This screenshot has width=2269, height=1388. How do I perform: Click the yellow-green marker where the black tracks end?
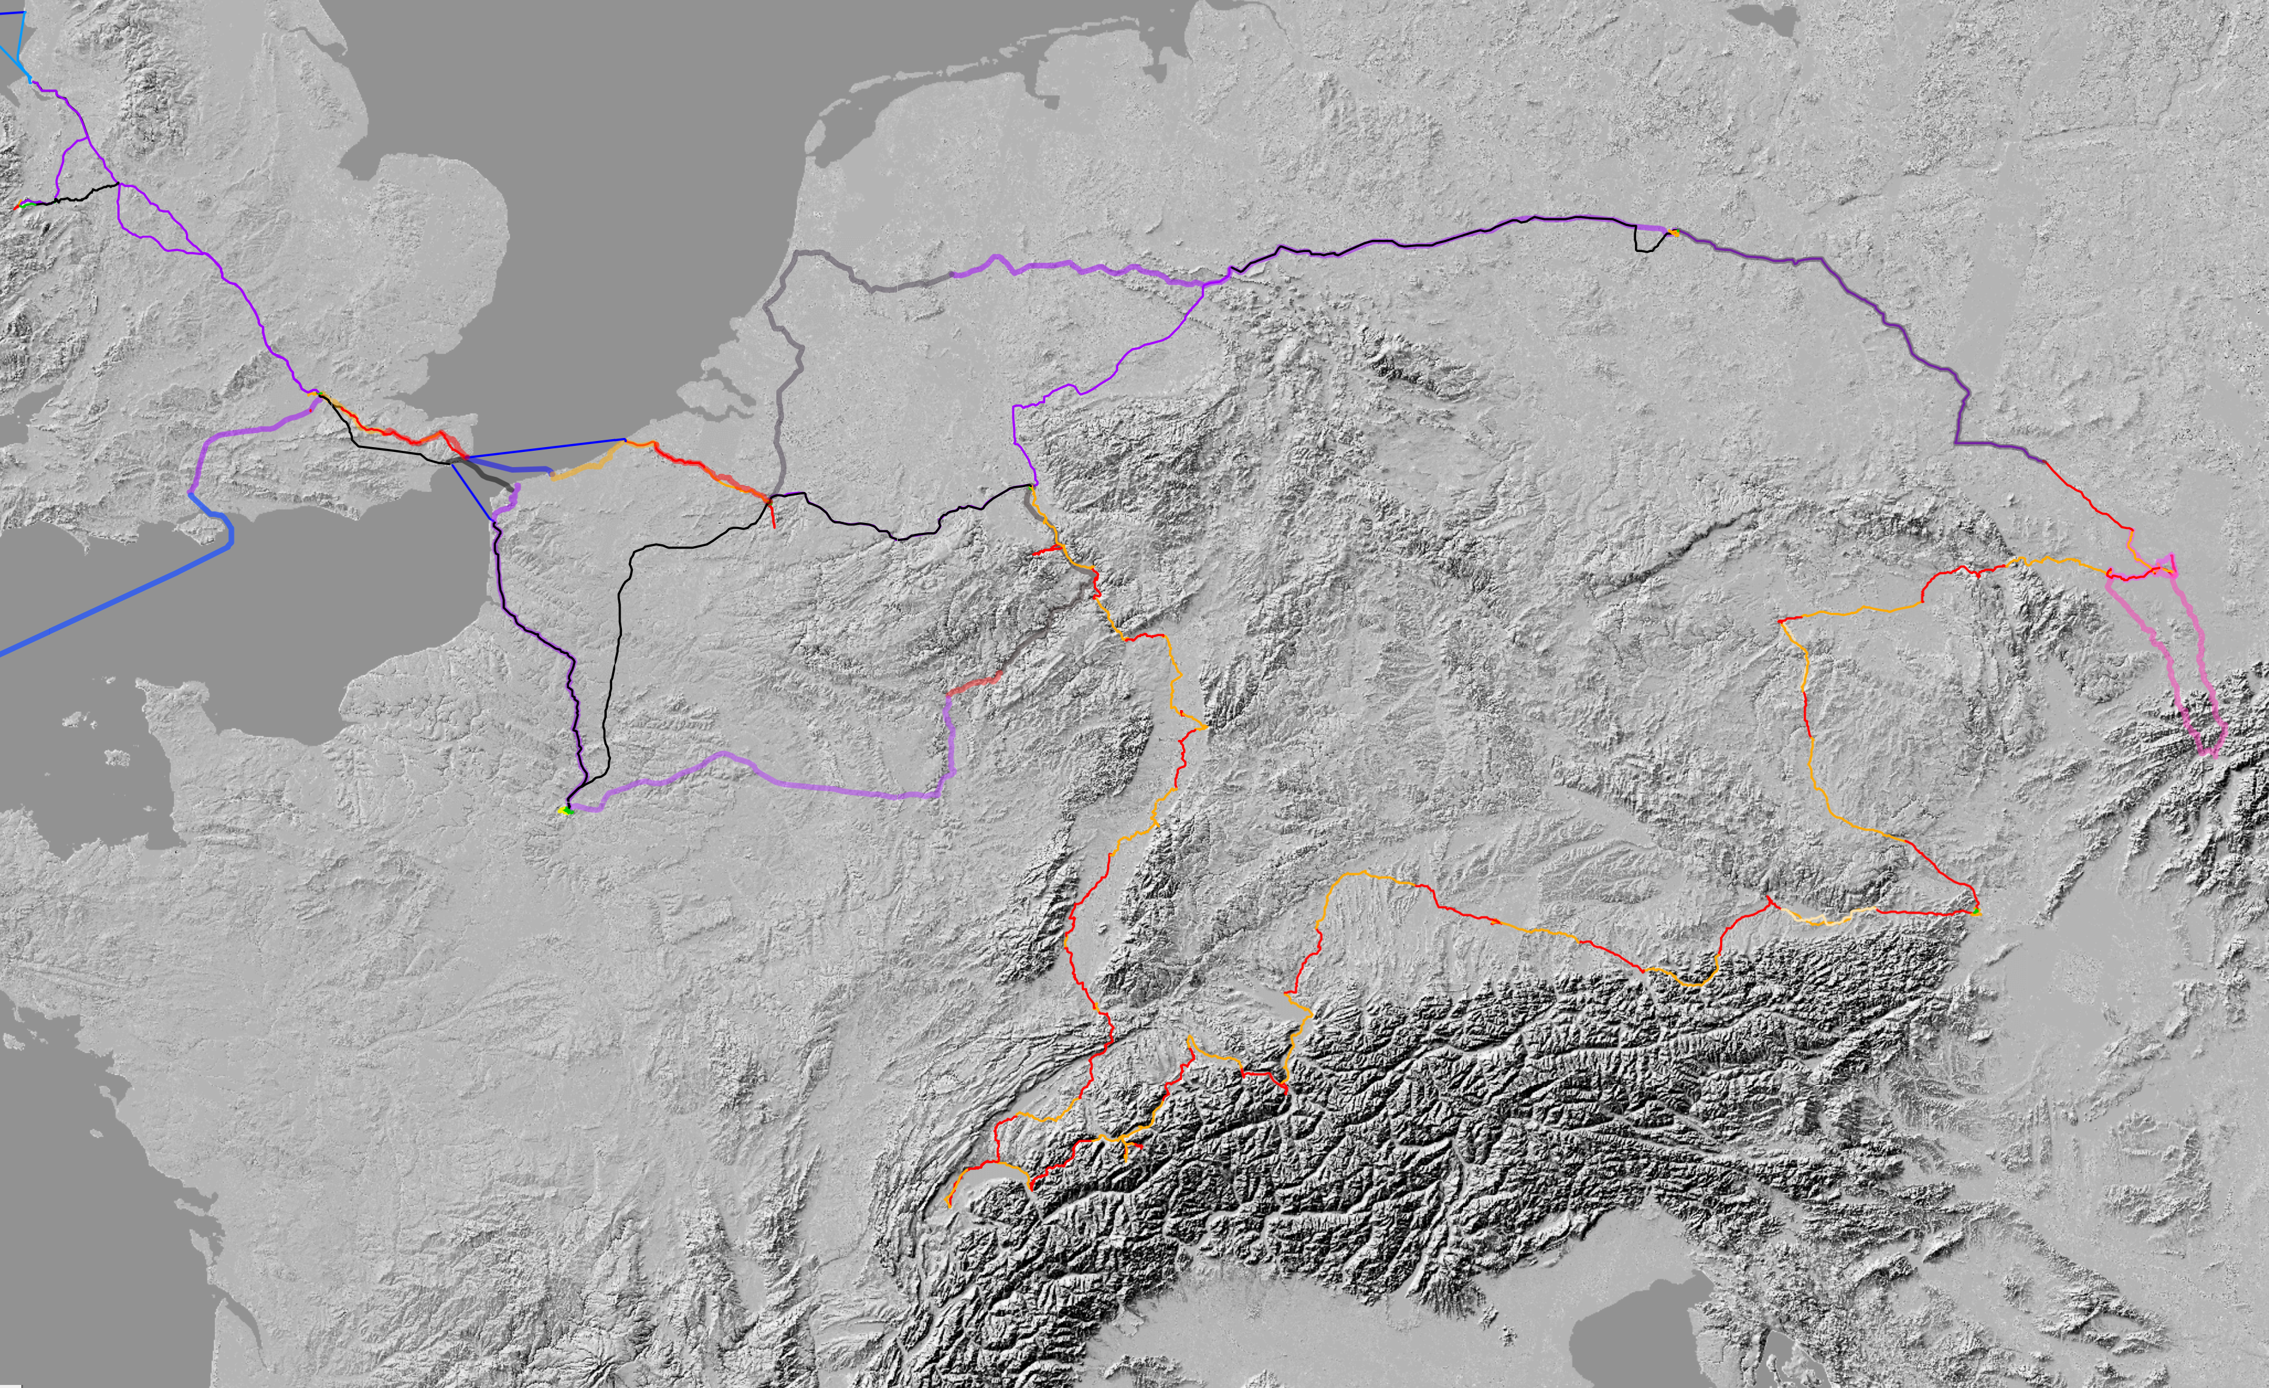pyautogui.click(x=565, y=810)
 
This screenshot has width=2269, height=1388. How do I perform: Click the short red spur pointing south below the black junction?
pyautogui.click(x=773, y=516)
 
